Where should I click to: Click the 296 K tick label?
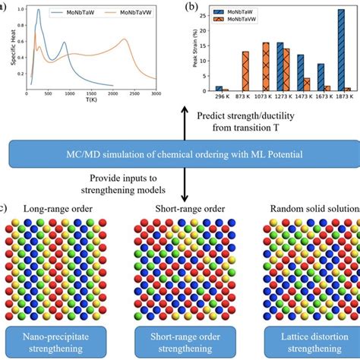pos(222,98)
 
